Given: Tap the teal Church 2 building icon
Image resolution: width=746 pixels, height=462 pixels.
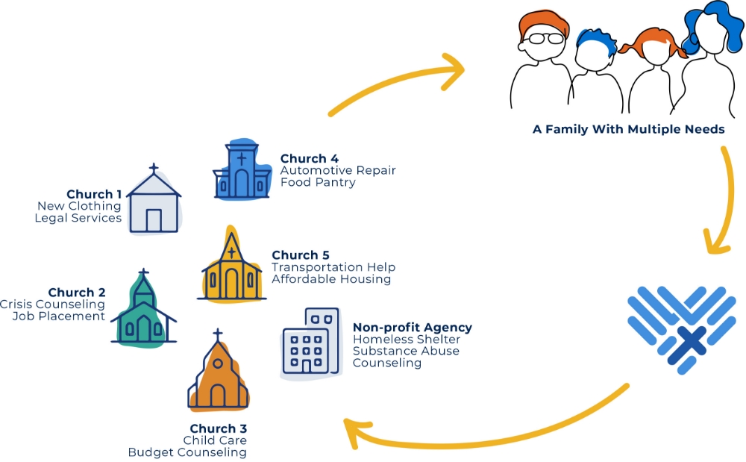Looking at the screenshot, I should click(143, 314).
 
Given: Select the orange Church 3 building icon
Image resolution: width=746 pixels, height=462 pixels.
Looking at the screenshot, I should click(218, 377).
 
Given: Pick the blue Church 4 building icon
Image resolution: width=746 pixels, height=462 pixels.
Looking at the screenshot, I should click(241, 173).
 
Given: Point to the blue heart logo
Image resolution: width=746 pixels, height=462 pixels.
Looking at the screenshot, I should click(681, 328).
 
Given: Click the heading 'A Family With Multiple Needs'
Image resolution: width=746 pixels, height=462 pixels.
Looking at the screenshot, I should click(628, 129).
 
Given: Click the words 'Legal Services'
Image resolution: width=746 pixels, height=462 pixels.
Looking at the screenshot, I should click(78, 218).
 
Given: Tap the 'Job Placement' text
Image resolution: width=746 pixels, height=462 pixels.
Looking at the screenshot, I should click(59, 316).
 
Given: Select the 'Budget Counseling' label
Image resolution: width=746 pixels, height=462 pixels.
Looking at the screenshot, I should click(187, 452).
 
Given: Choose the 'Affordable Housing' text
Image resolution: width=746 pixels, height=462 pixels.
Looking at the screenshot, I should click(331, 279).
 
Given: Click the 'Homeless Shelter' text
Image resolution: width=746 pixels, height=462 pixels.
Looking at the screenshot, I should click(395, 340).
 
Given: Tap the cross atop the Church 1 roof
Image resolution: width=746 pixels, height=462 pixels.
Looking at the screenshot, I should click(154, 168).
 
